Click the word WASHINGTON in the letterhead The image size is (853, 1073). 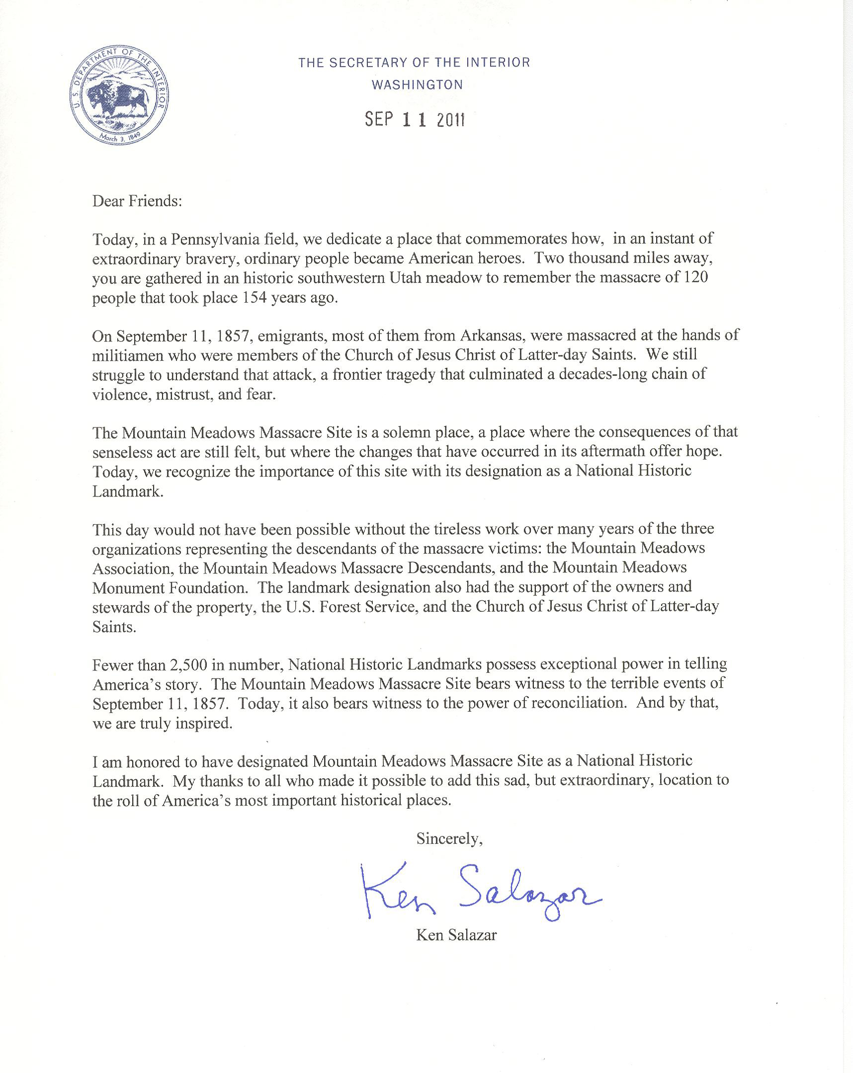pos(417,85)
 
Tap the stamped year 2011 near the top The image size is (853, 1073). pos(450,120)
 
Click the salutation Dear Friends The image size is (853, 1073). pos(137,201)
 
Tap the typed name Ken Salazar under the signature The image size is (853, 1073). pos(456,935)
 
